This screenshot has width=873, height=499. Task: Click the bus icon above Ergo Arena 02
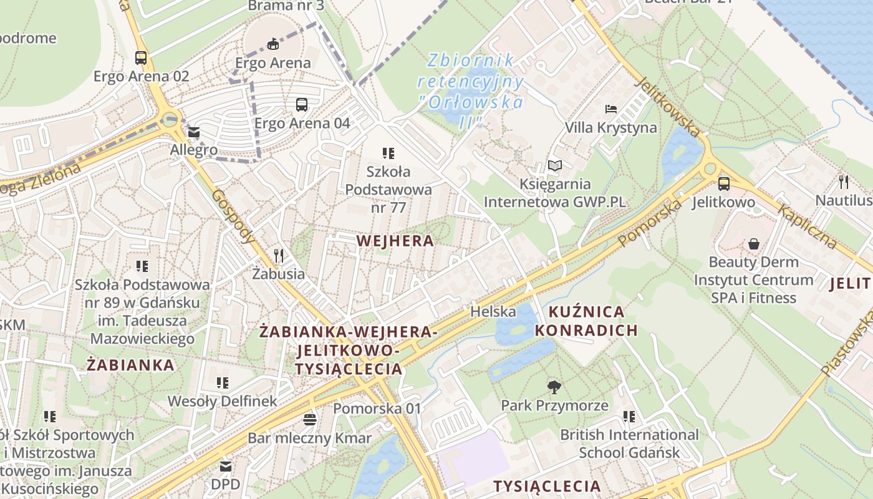click(x=141, y=58)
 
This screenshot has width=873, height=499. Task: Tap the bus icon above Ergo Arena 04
click(x=302, y=105)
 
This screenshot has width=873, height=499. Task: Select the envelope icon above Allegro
click(x=193, y=132)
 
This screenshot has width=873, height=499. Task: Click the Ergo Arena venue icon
click(x=273, y=44)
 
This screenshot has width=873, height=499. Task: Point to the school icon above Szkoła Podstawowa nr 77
click(x=388, y=153)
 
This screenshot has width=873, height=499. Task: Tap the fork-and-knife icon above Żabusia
click(x=279, y=255)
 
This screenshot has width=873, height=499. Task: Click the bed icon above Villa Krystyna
click(x=611, y=109)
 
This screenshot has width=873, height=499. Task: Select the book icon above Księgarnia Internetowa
click(x=555, y=165)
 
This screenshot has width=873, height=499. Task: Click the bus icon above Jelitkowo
click(x=723, y=184)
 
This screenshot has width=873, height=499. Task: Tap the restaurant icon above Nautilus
click(x=844, y=182)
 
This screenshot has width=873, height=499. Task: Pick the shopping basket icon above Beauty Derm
click(x=754, y=243)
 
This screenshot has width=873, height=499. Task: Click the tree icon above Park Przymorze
click(x=554, y=387)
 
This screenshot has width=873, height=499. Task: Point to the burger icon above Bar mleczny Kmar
click(x=310, y=419)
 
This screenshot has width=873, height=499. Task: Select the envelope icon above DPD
click(x=225, y=466)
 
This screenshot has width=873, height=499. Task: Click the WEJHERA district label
click(x=395, y=241)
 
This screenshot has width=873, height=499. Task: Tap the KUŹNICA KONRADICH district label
click(x=586, y=321)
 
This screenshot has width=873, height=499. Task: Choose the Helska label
click(x=493, y=311)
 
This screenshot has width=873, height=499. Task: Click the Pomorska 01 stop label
click(x=377, y=409)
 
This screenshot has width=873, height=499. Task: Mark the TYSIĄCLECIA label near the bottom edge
click(x=547, y=486)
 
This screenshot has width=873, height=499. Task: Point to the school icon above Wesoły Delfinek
click(x=222, y=382)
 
